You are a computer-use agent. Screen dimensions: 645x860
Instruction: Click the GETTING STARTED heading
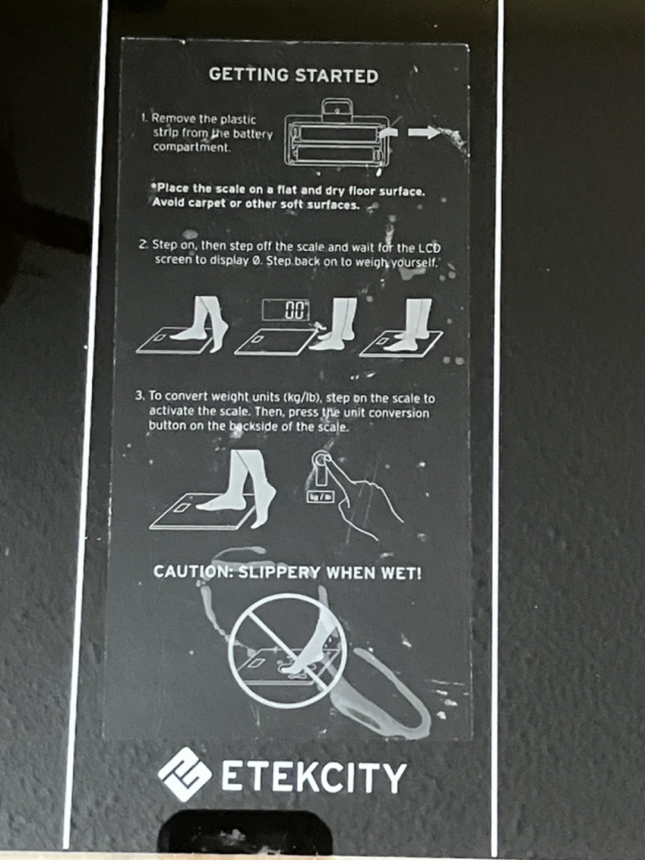tap(294, 75)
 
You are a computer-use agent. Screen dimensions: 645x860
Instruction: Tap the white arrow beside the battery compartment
tap(424, 132)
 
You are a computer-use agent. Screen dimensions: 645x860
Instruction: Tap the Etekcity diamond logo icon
tap(185, 774)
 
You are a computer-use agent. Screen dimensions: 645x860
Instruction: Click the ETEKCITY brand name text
tap(313, 776)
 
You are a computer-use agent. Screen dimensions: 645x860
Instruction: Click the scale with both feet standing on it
tap(401, 343)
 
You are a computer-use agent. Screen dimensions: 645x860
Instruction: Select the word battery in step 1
tap(253, 134)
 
